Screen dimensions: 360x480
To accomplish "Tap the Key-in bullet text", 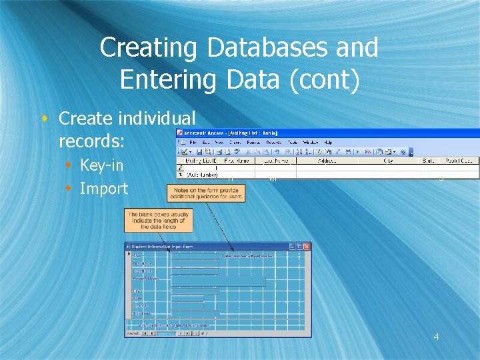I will pyautogui.click(x=101, y=165).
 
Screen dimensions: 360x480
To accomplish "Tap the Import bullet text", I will pyautogui.click(x=103, y=189).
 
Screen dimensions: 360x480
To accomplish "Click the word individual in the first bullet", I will pyautogui.click(x=156, y=119).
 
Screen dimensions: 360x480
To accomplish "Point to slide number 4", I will pyautogui.click(x=436, y=337).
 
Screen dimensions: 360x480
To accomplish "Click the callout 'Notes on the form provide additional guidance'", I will pyautogui.click(x=207, y=193).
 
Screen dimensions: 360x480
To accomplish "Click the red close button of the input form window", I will pyautogui.click(x=307, y=247).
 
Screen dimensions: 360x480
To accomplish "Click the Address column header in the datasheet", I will pyautogui.click(x=326, y=161).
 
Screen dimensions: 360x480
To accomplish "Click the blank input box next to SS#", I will pyautogui.click(x=194, y=255).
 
